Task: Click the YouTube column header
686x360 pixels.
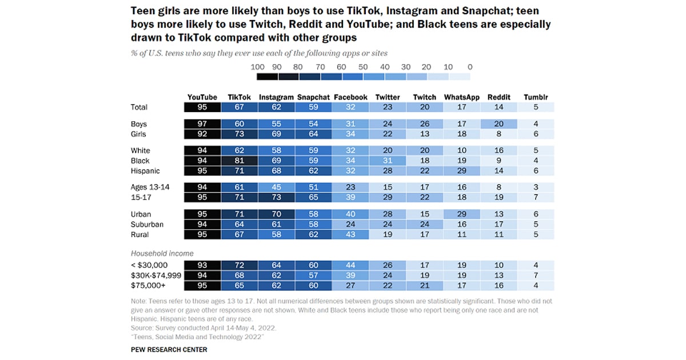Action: coord(202,97)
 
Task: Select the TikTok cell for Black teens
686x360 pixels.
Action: coord(240,161)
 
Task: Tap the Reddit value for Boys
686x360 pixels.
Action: coord(499,124)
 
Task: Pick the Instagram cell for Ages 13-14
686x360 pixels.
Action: coord(276,187)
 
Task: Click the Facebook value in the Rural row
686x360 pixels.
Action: coord(350,234)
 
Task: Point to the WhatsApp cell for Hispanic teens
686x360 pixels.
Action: coord(462,171)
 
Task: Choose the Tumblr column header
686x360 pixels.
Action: coord(536,97)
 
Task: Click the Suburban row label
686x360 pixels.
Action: coord(147,224)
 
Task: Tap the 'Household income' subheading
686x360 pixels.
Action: coord(162,253)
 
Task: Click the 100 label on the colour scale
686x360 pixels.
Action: coord(258,67)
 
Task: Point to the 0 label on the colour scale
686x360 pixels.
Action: coord(469,67)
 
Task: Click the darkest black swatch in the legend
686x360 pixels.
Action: coord(267,76)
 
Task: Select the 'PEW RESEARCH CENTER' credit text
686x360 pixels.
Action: coord(169,350)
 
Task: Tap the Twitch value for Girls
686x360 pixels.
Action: coord(424,134)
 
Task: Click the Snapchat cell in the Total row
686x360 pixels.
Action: coord(313,107)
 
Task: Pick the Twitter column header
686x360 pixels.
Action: coord(388,97)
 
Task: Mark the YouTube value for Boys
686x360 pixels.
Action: coord(202,124)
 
